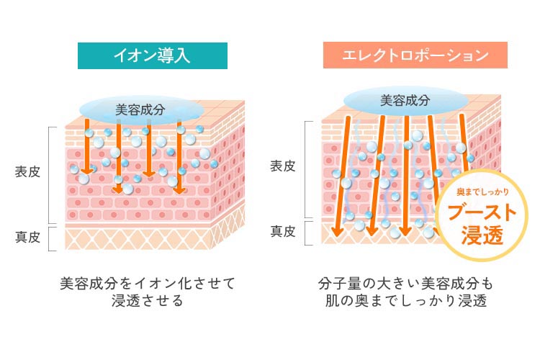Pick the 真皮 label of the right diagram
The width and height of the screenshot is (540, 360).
point(283,232)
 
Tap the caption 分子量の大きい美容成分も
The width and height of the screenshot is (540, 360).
point(405,282)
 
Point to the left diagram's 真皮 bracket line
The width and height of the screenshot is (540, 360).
point(49,238)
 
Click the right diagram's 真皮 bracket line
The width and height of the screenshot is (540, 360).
point(307,232)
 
